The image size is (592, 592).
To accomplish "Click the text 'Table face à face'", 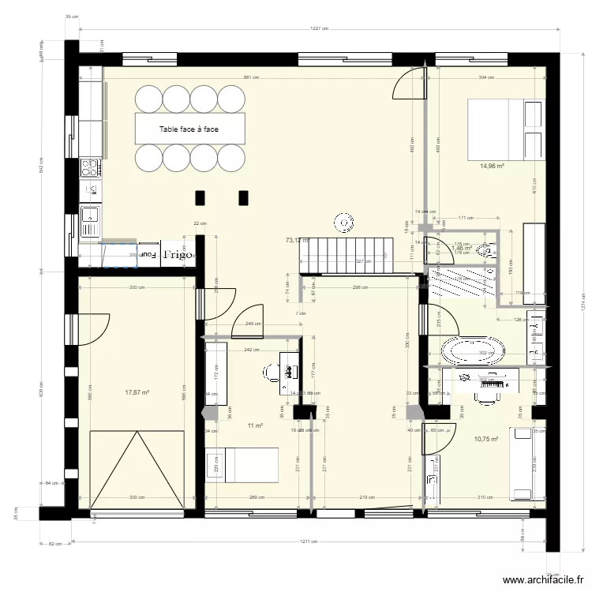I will [189, 129].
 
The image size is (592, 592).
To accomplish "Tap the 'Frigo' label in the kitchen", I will [178, 255].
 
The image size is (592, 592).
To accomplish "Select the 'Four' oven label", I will [148, 255].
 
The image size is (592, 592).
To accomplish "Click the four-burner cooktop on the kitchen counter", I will [90, 167].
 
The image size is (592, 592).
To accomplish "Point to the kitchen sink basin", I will [89, 214].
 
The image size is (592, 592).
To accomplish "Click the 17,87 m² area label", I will [137, 391].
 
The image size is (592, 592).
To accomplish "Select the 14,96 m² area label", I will [492, 167].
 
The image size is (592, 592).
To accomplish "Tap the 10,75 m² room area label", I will [485, 439].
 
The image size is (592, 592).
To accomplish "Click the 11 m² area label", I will [254, 425].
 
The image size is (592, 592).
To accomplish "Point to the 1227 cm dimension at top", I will [320, 28].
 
